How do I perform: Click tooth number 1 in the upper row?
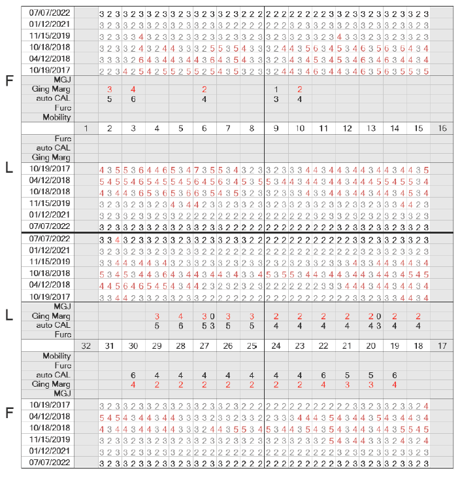[x=86, y=128]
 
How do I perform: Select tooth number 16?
[x=442, y=128]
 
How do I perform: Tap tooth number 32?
[x=86, y=345]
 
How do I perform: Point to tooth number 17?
[x=442, y=345]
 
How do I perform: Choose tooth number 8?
[x=252, y=128]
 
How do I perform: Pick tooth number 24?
[x=276, y=345]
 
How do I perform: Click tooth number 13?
[x=371, y=128]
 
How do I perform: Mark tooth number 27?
[x=204, y=345]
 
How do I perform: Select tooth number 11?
[x=323, y=128]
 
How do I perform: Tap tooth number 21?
[x=347, y=345]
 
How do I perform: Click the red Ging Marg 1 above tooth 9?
[x=276, y=89]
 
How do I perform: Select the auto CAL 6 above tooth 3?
[x=133, y=99]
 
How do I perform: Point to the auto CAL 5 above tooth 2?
[x=109, y=99]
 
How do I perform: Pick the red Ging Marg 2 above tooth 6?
[x=204, y=89]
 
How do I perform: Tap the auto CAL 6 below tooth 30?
[x=133, y=375]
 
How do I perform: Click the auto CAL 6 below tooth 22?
[x=323, y=375]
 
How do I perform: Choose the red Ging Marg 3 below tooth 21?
[x=347, y=385]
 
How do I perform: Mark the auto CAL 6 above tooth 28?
[x=180, y=325]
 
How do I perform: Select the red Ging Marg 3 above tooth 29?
[x=157, y=316]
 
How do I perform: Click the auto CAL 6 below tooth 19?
[x=394, y=375]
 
